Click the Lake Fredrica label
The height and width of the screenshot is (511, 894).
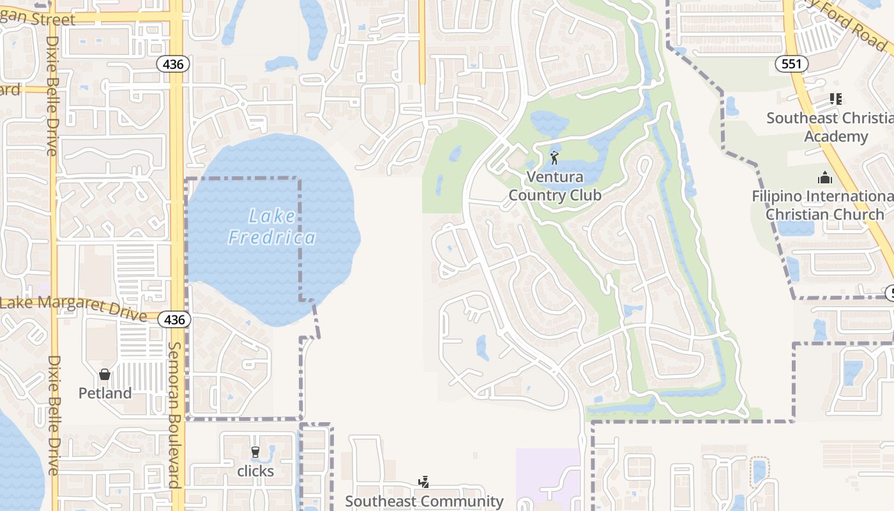pyautogui.click(x=272, y=227)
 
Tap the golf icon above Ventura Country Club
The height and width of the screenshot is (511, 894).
pyautogui.click(x=554, y=157)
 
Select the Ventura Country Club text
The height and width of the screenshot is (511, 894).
pyautogui.click(x=555, y=186)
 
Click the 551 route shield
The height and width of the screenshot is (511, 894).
pyautogui.click(x=792, y=64)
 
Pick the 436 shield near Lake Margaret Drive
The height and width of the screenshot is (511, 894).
pyautogui.click(x=174, y=319)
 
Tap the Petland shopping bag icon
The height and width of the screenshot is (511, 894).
pyautogui.click(x=105, y=374)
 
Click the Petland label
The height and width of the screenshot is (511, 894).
pyautogui.click(x=105, y=393)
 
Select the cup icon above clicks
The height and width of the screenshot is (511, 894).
pyautogui.click(x=255, y=453)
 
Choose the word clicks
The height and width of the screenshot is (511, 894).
pyautogui.click(x=255, y=471)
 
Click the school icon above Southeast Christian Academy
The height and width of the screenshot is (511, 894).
pyautogui.click(x=835, y=99)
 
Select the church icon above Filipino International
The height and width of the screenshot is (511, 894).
pyautogui.click(x=825, y=178)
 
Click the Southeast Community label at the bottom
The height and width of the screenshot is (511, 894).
pyautogui.click(x=424, y=501)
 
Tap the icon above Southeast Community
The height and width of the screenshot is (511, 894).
pyautogui.click(x=423, y=482)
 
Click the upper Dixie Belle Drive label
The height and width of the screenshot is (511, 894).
pyautogui.click(x=52, y=96)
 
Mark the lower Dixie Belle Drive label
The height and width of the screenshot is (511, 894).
pyautogui.click(x=52, y=415)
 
